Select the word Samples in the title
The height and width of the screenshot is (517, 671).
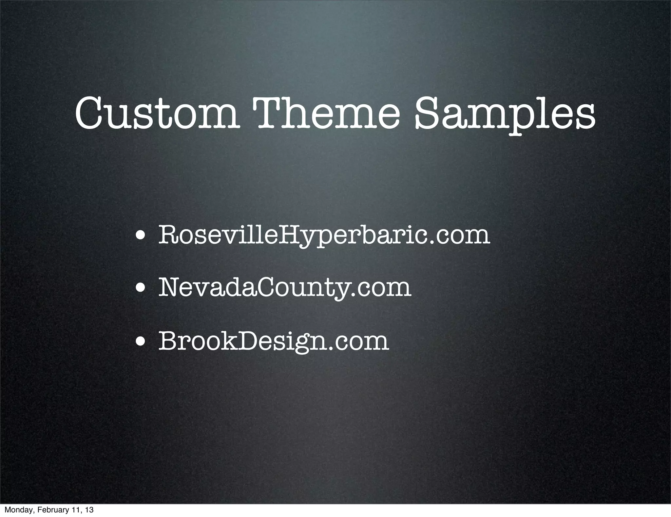[505, 114]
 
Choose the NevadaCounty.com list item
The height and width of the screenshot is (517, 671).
[284, 287]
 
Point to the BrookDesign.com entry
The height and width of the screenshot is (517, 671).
[274, 341]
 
